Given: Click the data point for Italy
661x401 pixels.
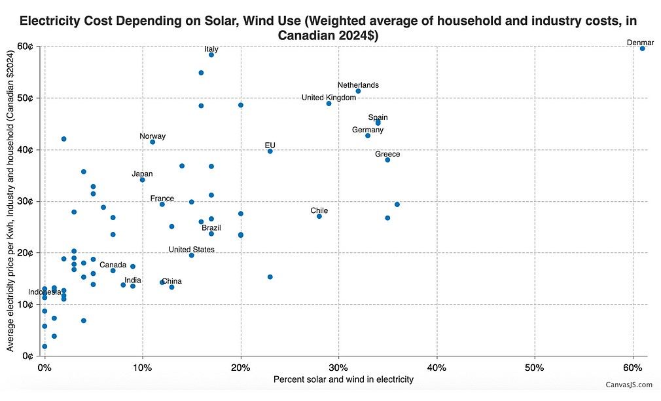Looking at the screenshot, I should click(211, 55).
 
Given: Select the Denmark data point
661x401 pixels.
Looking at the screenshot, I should click(643, 48).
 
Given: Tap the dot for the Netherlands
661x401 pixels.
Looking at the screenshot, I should click(358, 91).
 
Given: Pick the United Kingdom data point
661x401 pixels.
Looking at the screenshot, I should click(329, 104).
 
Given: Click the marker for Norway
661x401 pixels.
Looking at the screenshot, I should click(152, 142).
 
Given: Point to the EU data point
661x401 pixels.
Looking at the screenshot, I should click(270, 151).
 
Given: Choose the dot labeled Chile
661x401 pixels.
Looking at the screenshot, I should click(319, 216).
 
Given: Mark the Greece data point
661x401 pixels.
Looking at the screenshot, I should click(387, 160).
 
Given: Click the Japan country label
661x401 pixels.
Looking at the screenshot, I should click(142, 174).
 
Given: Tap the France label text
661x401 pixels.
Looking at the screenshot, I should click(162, 199).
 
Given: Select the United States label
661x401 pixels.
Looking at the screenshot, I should click(191, 250).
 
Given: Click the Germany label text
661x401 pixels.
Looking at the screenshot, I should click(367, 130).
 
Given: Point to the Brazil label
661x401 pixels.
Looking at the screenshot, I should click(211, 228).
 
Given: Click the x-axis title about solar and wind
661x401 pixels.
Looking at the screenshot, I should click(343, 379).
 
